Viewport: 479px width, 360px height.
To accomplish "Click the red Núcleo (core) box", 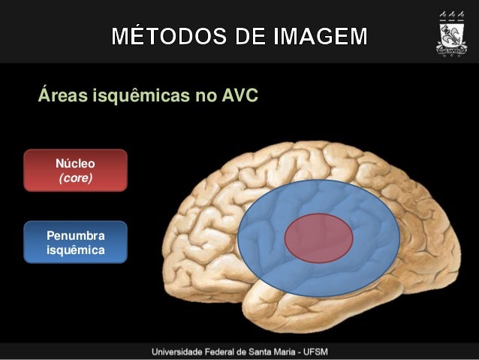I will (x=75, y=170).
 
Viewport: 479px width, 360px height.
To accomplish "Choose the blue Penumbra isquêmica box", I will (x=75, y=242).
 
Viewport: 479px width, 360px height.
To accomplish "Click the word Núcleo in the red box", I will (x=75, y=162).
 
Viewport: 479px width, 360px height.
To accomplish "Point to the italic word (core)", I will (x=75, y=178).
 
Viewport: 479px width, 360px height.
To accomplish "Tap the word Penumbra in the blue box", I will (x=75, y=234).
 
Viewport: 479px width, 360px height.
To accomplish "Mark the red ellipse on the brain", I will (x=318, y=237).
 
